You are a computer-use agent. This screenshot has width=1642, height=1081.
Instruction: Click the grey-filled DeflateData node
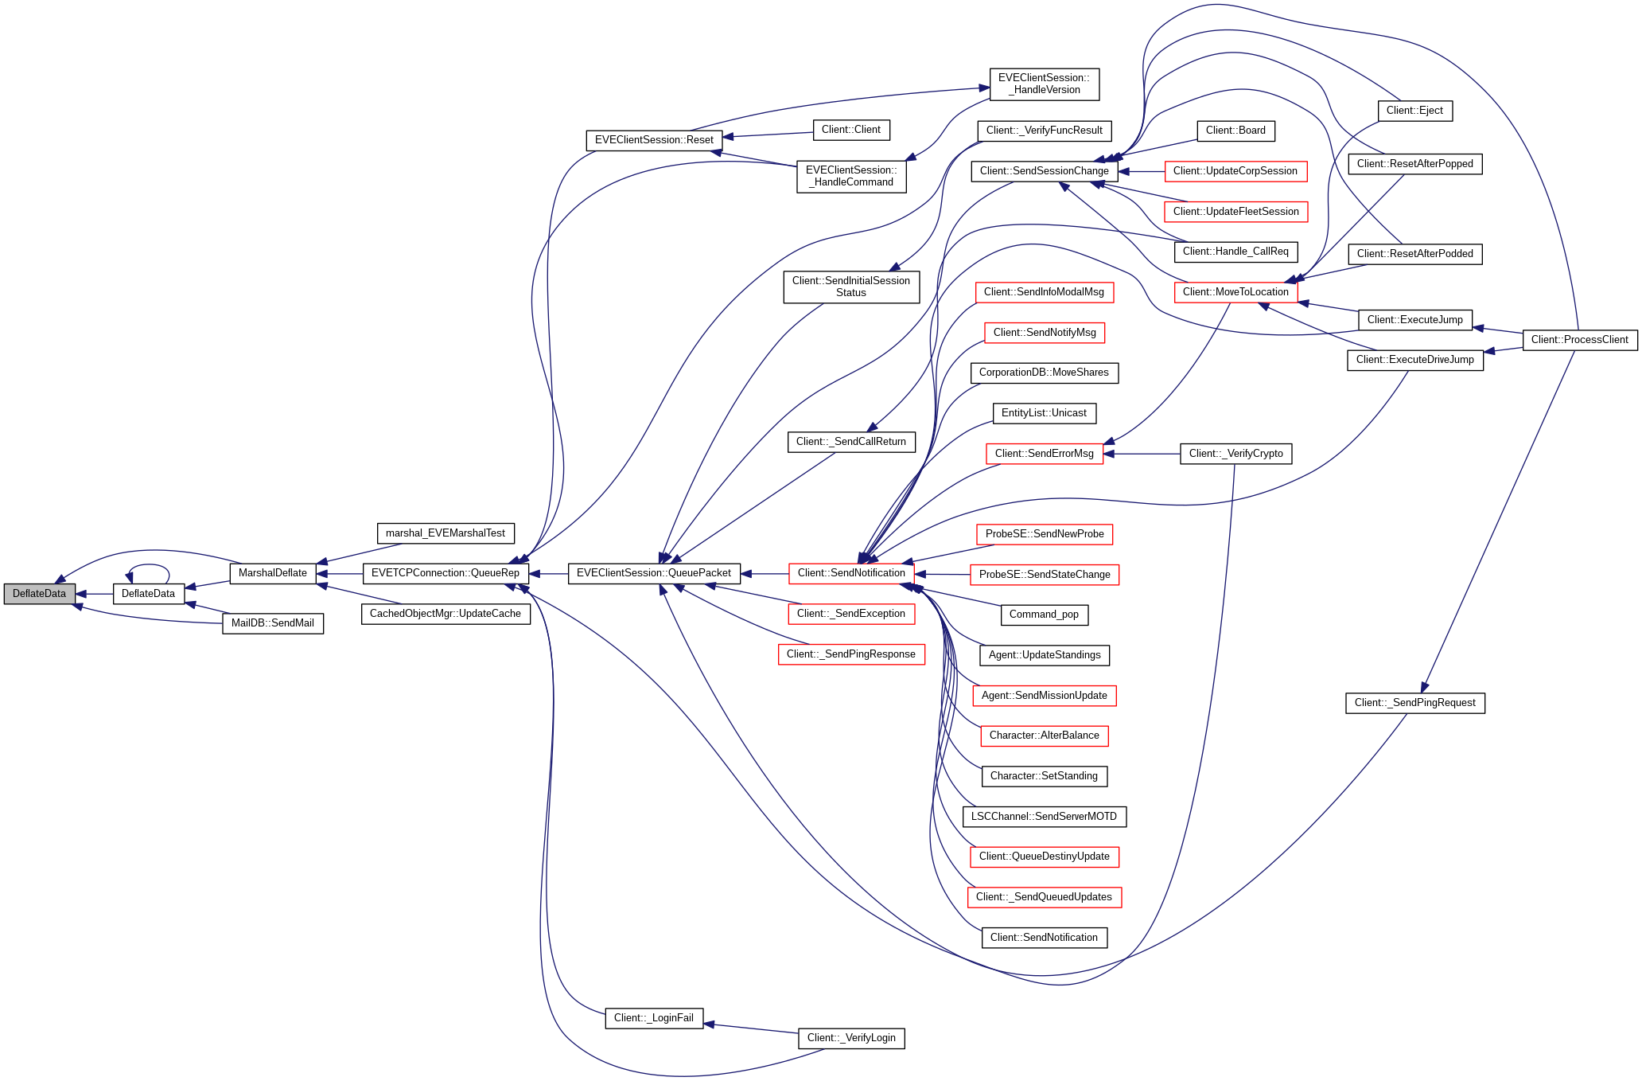point(39,594)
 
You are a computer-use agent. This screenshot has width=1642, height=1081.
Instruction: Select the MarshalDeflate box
point(273,573)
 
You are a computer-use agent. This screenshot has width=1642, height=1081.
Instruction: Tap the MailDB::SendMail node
point(273,623)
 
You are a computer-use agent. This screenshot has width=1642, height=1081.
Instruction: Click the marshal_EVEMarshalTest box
point(446,533)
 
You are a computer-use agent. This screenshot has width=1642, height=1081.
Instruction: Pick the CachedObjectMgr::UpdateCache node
point(446,614)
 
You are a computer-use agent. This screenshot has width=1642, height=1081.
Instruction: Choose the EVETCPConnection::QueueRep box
point(446,573)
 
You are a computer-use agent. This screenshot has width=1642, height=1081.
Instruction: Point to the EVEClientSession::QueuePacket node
point(654,573)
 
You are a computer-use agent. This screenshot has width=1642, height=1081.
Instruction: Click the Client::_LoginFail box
point(654,1018)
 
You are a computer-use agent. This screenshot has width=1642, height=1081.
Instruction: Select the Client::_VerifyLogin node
point(851,1038)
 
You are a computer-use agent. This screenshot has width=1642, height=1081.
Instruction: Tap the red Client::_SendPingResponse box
point(851,654)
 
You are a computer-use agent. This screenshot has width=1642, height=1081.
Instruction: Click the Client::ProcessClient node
point(1580,340)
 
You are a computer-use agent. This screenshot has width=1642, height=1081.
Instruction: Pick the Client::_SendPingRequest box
point(1414,703)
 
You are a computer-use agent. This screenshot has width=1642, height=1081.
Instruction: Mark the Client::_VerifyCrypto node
point(1235,454)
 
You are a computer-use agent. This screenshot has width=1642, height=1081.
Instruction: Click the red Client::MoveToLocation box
point(1235,292)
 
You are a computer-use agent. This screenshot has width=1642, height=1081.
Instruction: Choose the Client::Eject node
point(1414,111)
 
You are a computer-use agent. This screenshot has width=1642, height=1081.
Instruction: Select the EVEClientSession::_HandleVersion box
point(1044,84)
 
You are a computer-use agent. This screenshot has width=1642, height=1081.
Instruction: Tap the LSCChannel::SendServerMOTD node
point(1044,817)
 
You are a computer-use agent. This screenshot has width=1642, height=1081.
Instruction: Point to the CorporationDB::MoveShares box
point(1044,373)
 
